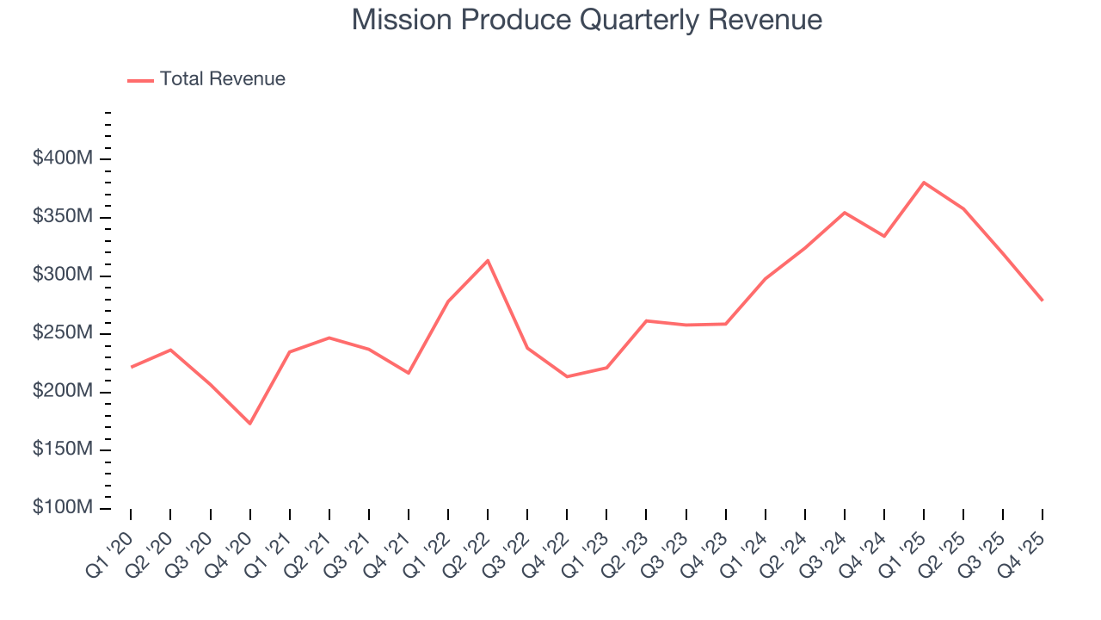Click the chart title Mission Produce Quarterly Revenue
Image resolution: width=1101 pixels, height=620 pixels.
click(587, 20)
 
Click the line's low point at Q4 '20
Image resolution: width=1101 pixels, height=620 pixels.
click(249, 424)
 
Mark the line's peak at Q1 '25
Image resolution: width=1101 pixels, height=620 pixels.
click(924, 183)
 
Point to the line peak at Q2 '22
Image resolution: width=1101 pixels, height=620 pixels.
click(488, 260)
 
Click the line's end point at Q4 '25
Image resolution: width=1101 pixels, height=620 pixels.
click(1043, 300)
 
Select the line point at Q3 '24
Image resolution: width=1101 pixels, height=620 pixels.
click(845, 213)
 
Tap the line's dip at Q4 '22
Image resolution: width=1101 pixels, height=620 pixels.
click(567, 376)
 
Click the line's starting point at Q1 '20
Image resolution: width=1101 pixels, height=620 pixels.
click(131, 367)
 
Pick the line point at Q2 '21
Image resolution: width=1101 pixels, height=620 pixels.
click(329, 338)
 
